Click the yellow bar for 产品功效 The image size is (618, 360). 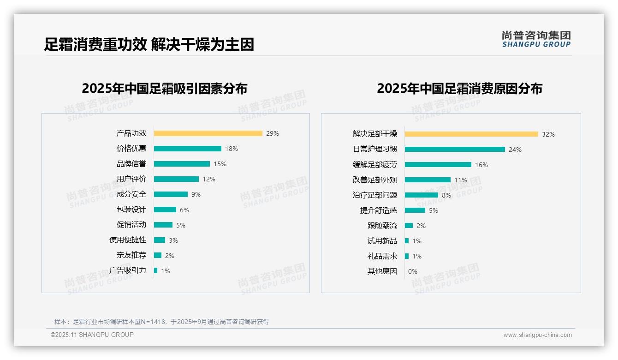(208, 133)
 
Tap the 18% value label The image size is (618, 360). (232, 149)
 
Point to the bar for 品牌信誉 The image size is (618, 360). (182, 164)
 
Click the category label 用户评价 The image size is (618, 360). (131, 179)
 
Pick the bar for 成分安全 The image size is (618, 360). (171, 194)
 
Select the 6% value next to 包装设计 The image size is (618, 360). (184, 210)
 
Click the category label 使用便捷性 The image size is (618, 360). (128, 240)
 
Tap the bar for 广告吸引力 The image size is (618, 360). (156, 270)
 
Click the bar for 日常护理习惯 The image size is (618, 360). (455, 150)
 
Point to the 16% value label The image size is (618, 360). (481, 165)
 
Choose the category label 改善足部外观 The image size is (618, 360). (374, 180)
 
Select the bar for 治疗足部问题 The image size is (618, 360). (422, 195)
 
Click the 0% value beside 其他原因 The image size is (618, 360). (413, 271)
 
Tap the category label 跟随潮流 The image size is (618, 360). (382, 226)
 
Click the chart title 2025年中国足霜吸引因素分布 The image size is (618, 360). (165, 89)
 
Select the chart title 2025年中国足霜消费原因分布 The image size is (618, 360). (459, 89)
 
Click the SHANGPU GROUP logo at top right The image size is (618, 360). (536, 39)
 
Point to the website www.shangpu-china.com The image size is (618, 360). (537, 335)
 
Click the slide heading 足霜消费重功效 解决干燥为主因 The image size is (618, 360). (149, 45)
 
